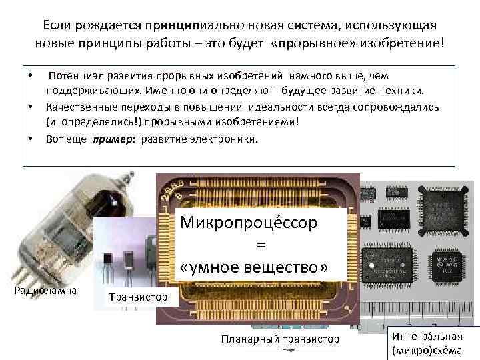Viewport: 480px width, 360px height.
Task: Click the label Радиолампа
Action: (45, 291)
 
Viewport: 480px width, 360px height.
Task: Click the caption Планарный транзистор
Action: (280, 340)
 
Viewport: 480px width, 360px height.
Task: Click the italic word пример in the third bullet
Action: (108, 139)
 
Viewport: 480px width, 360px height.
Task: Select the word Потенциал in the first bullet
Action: (73, 77)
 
